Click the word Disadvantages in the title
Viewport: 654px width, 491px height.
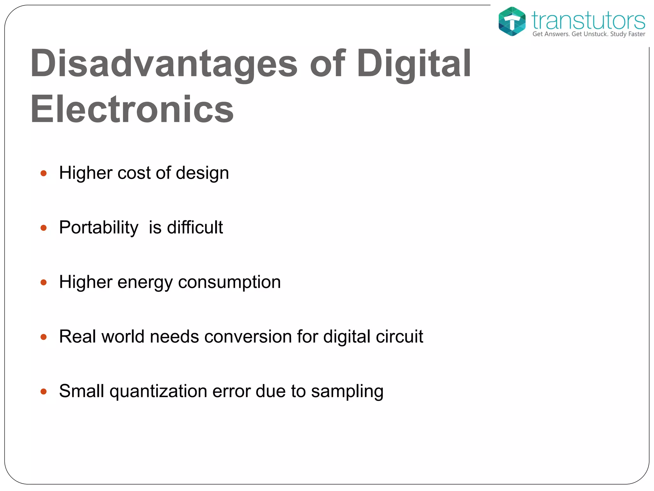tap(164, 64)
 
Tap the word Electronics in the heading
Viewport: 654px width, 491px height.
tap(132, 110)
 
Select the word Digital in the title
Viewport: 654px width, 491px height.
tap(414, 64)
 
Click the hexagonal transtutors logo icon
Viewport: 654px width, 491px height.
tap(512, 21)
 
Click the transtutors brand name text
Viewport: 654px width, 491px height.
tap(588, 21)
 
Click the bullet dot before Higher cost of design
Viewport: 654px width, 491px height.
tap(44, 174)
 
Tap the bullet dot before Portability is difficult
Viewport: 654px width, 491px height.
tap(44, 228)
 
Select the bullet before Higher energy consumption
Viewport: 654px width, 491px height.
tap(44, 283)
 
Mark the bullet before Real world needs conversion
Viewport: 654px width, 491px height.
tap(44, 337)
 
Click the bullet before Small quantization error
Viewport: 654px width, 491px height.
tap(44, 392)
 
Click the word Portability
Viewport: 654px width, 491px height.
tap(99, 228)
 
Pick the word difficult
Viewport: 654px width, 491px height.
tap(195, 227)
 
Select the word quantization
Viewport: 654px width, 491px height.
tap(158, 392)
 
